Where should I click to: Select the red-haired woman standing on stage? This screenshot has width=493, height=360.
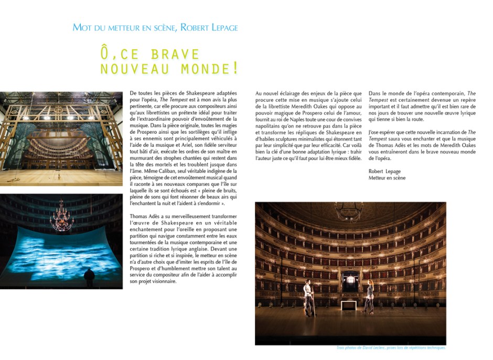click(x=370, y=297)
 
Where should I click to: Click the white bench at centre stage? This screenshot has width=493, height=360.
click(x=346, y=305)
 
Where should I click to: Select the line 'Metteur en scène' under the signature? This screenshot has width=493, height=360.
click(x=387, y=178)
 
